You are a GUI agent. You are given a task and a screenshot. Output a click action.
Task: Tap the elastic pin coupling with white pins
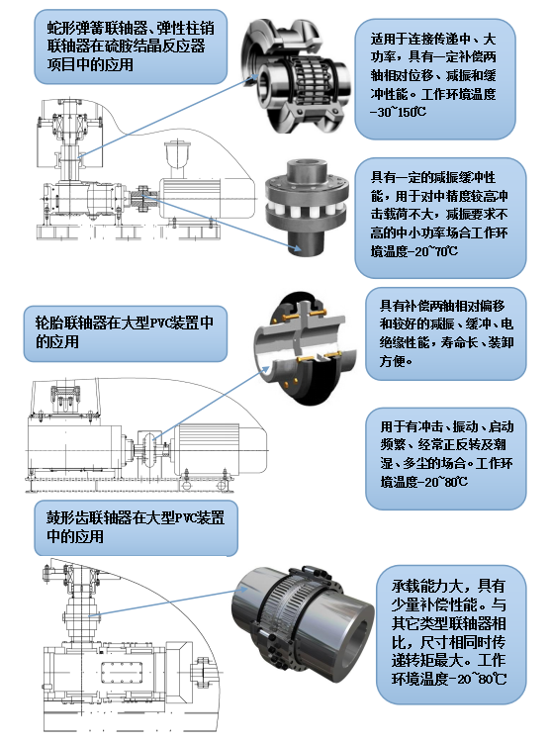tap(307, 208)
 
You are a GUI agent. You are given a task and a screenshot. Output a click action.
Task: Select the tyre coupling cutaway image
tap(305, 348)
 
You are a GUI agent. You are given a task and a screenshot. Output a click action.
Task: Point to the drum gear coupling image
tap(303, 623)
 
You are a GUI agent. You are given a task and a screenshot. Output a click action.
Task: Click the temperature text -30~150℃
tap(398, 112)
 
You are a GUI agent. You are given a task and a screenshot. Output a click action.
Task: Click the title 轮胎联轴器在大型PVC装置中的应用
tap(125, 332)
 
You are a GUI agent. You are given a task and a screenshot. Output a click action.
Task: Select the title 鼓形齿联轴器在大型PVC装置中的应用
tap(136, 526)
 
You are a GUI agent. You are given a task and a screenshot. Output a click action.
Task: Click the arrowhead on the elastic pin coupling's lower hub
tap(297, 246)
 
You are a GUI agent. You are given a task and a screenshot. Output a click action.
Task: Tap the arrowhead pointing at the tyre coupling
tap(264, 371)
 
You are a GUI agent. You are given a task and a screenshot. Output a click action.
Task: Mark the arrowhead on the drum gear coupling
tap(242, 590)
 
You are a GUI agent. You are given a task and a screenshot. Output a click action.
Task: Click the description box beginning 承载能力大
tap(451, 634)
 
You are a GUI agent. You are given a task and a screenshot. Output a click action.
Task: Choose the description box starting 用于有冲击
tap(445, 458)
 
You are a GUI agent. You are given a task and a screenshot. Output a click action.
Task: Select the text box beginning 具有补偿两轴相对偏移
tap(445, 333)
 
